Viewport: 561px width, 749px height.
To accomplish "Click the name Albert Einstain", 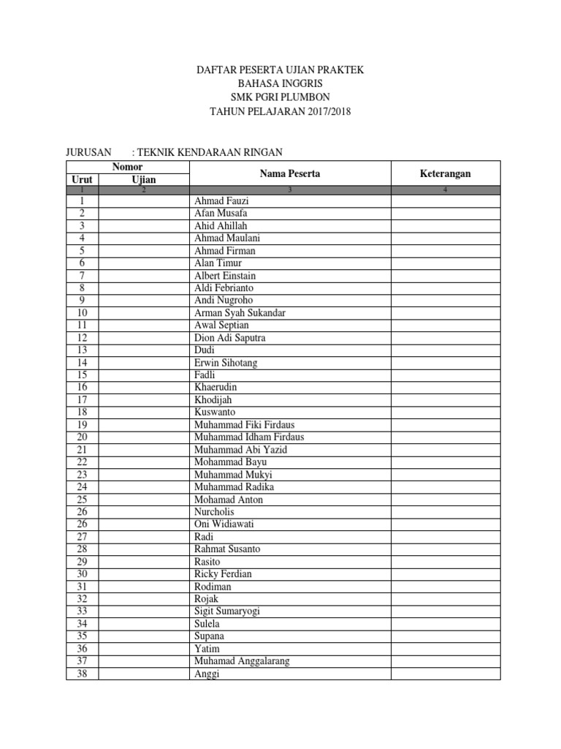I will coord(225,276).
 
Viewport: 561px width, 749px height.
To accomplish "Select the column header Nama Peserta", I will coord(289,173).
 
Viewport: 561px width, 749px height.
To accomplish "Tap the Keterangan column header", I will coord(445,173).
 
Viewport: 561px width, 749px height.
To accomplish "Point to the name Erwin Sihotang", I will coord(226,363).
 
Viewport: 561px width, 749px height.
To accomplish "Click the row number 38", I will coord(82,674).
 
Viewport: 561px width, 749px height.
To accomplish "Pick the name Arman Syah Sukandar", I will coord(240,313).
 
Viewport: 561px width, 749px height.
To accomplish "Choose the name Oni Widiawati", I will coord(224,524).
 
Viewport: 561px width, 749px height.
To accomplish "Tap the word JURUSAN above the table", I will coord(89,152).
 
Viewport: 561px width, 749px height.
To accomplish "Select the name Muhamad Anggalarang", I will coord(242,661).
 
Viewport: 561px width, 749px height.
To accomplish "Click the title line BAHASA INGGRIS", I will coord(280,84).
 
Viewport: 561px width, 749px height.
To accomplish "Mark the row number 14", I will coord(82,363).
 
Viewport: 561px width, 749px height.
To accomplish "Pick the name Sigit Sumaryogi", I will coord(227,611).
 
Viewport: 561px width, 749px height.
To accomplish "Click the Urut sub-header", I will coord(81,179).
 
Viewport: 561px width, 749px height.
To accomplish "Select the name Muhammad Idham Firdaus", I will coord(249,437).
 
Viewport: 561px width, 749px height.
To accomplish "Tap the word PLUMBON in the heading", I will coord(305,98).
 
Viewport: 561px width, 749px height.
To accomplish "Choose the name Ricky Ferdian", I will coord(223,574).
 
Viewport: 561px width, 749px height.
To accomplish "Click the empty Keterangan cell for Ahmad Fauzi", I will coord(445,201).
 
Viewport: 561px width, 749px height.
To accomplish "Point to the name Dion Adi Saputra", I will coord(229,338).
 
